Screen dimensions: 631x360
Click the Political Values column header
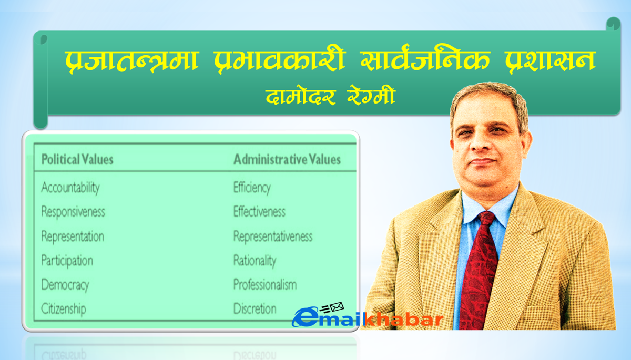tap(77, 159)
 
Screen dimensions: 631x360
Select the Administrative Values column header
tap(287, 159)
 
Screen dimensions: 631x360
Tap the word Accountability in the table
tap(70, 188)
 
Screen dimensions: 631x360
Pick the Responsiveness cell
tap(73, 212)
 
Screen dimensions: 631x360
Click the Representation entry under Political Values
tap(73, 236)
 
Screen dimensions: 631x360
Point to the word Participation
tap(67, 261)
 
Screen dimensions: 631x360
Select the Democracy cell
tap(65, 285)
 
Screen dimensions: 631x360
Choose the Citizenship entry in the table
tap(64, 309)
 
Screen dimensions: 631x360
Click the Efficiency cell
tap(252, 188)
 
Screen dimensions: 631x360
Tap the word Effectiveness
tap(259, 212)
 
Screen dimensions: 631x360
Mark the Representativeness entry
tap(273, 236)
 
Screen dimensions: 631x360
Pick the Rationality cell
tap(255, 261)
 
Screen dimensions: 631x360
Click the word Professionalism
tap(265, 284)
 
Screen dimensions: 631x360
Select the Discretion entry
tap(255, 309)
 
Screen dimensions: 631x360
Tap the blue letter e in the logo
tap(305, 317)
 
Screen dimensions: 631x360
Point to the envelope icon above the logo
tap(337, 307)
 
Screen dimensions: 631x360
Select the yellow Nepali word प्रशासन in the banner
tap(550, 60)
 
